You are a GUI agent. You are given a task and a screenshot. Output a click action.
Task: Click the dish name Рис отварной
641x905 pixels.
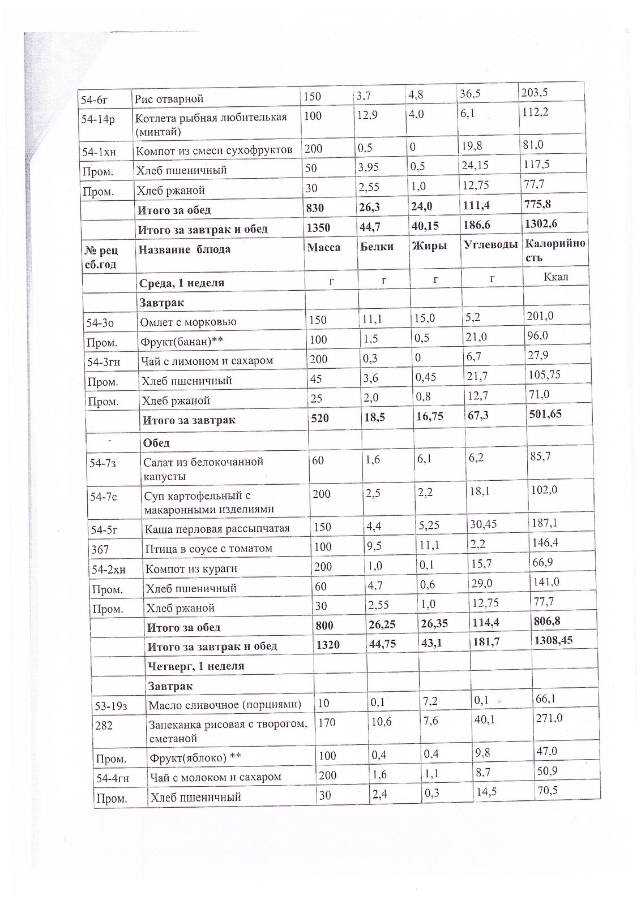tap(169, 100)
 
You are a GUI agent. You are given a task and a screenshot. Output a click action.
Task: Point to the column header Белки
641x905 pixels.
tap(377, 247)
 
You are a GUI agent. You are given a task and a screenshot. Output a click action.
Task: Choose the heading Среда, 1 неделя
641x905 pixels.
tap(181, 283)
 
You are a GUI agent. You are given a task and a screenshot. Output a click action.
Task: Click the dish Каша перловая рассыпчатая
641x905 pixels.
tap(217, 528)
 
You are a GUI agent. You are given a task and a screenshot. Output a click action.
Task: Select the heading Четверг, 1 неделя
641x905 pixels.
tap(195, 666)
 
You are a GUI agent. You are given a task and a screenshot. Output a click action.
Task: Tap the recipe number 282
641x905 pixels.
tap(104, 725)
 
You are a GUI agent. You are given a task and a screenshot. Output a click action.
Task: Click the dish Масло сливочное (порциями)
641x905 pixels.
tap(224, 705)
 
